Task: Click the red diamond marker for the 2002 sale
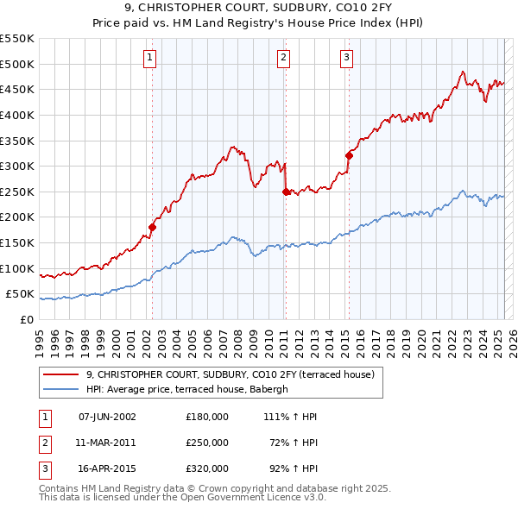coord(152,227)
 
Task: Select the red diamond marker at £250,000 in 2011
coord(286,192)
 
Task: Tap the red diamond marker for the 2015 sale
coord(349,156)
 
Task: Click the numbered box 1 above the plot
coord(150,58)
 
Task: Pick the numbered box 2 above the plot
coord(283,58)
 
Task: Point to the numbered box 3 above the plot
coord(346,58)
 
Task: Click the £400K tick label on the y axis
coord(17,115)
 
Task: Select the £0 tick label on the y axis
coord(27,319)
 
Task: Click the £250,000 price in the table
coord(207,443)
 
